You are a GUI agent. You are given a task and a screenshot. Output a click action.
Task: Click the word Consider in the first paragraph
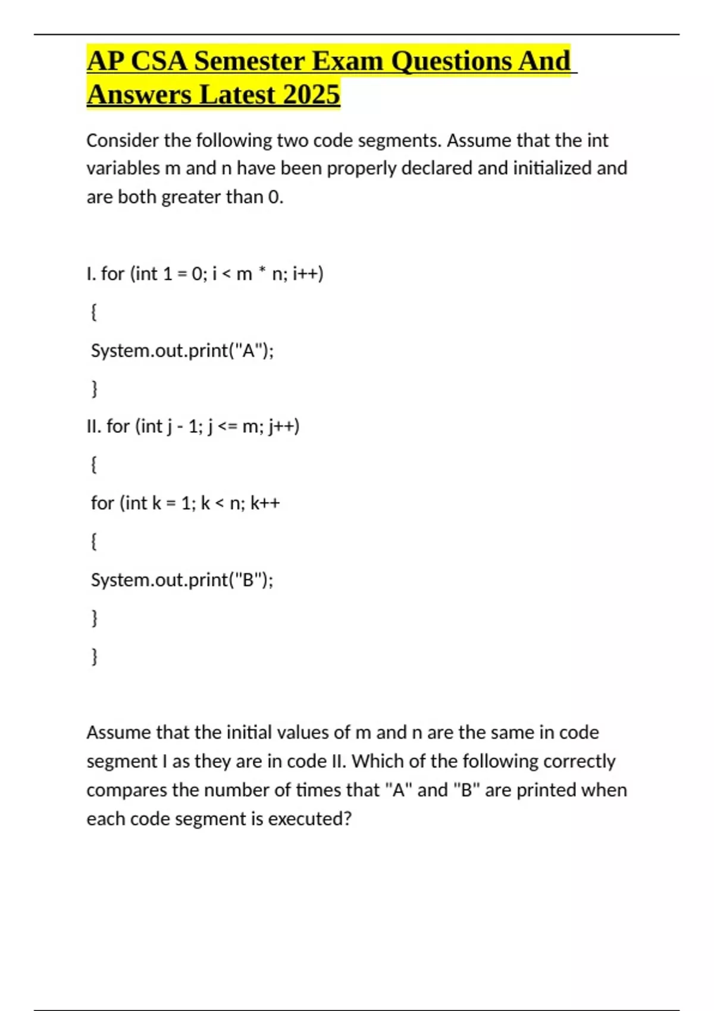[123, 140]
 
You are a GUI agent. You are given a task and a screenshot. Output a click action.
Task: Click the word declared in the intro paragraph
[437, 168]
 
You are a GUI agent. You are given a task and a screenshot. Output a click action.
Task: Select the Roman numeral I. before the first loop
[91, 274]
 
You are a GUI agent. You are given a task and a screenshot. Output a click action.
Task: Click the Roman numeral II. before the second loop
[94, 426]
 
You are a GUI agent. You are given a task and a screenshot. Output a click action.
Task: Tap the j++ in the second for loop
[284, 426]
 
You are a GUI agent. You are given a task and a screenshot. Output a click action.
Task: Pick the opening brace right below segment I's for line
[93, 312]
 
